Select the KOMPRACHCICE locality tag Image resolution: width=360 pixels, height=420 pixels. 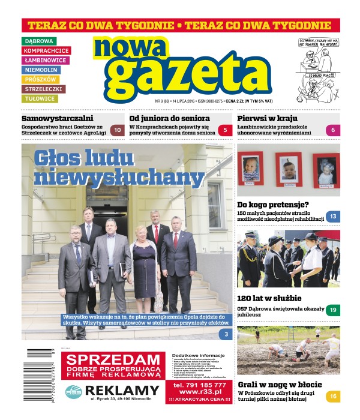click(x=46, y=50)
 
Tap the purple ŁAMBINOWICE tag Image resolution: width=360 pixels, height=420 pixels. click(x=46, y=60)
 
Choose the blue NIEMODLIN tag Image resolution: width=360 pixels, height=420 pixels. click(x=41, y=70)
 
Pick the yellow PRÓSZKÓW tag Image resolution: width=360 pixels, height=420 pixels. click(x=41, y=79)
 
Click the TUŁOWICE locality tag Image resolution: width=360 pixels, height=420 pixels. click(x=40, y=98)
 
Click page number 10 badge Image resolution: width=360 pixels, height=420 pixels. click(x=118, y=130)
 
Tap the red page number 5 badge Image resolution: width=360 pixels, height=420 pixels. click(x=224, y=130)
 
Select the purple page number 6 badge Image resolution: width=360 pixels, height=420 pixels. click(x=332, y=130)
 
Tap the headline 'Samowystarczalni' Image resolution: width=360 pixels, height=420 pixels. click(x=56, y=118)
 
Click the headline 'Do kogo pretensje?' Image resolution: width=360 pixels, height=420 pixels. click(x=273, y=205)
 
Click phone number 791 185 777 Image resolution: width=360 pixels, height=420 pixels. click(x=199, y=385)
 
